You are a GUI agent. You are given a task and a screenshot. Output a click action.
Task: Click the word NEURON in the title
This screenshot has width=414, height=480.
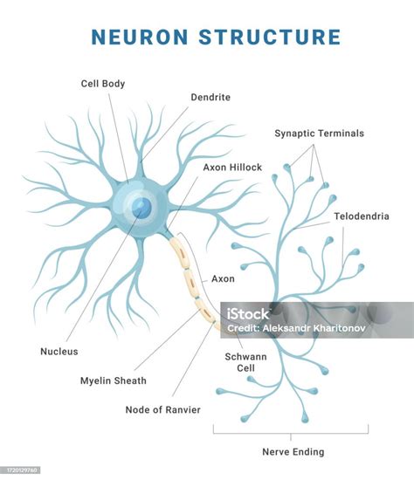[140, 37]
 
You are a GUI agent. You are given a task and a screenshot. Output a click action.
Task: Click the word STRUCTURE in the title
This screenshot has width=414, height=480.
[270, 37]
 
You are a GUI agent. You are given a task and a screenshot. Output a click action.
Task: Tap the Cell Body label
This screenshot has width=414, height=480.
[103, 84]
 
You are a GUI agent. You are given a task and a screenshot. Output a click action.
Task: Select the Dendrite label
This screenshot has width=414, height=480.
[210, 98]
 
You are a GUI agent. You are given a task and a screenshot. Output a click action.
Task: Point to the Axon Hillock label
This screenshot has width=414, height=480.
[232, 168]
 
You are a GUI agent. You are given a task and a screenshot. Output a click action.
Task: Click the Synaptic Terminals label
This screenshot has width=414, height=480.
[320, 134]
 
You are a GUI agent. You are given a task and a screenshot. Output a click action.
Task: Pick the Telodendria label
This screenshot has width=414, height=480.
[362, 216]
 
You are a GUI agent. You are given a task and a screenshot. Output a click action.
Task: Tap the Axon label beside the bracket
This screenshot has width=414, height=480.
[223, 279]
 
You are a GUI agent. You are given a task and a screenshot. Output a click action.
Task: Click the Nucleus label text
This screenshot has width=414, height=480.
[59, 352]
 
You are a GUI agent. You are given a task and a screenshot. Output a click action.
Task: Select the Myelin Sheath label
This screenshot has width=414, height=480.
[114, 381]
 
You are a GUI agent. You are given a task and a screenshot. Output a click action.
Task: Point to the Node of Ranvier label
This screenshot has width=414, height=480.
[163, 410]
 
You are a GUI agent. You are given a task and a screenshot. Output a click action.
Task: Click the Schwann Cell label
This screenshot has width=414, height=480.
[245, 362]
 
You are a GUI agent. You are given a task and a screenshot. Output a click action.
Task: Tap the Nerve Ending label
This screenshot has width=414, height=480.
[293, 452]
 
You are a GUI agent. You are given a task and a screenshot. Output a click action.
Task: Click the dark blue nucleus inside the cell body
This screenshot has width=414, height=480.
[141, 208]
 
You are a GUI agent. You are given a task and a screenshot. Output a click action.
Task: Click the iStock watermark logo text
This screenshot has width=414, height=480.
[247, 314]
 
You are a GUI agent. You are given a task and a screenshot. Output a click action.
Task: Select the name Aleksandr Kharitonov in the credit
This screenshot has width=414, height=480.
[314, 328]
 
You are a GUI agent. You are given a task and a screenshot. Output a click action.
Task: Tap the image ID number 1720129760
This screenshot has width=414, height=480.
[22, 470]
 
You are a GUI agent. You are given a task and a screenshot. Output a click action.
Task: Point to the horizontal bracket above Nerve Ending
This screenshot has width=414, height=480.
[291, 433]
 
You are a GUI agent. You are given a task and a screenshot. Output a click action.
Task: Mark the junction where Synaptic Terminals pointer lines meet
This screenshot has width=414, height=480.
[314, 145]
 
